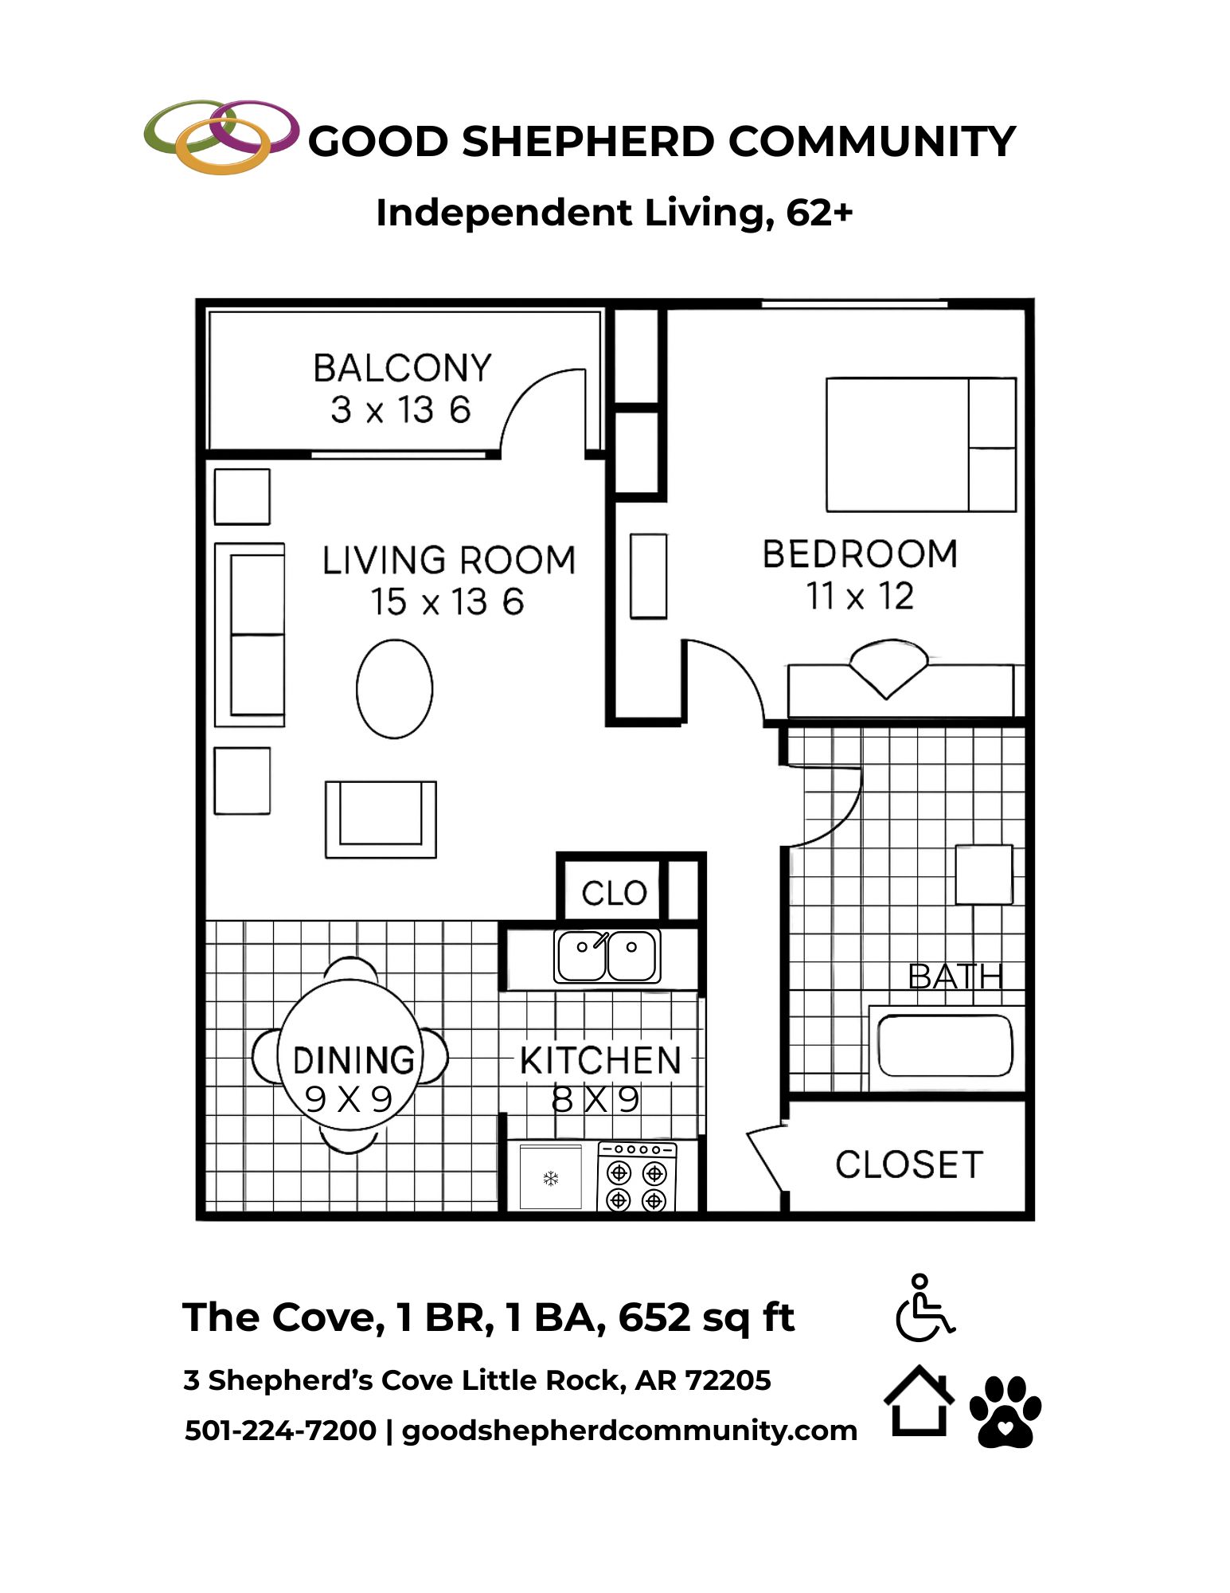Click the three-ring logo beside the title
coord(221,135)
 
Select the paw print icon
coord(1005,1411)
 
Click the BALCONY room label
coord(402,368)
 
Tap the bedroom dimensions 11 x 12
coord(860,596)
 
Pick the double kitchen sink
coord(607,956)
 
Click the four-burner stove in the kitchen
coord(637,1176)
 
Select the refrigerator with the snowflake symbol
coord(550,1177)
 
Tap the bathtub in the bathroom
coord(945,1046)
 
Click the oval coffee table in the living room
coord(394,689)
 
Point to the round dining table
coord(350,1055)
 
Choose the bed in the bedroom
coord(921,444)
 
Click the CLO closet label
coord(614,893)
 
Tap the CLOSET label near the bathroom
coord(908,1164)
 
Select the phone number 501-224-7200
coord(280,1431)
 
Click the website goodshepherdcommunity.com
coord(629,1431)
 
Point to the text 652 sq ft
coord(706,1317)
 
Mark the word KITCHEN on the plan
coord(600,1061)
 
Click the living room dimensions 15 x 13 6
coord(447,601)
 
